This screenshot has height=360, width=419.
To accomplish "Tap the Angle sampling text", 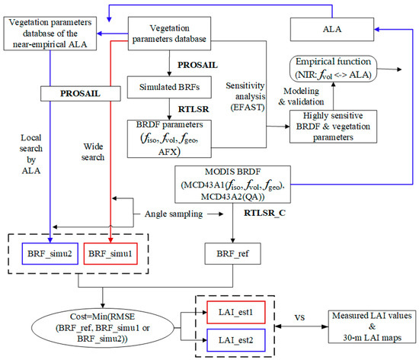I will pyautogui.click(x=175, y=215).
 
